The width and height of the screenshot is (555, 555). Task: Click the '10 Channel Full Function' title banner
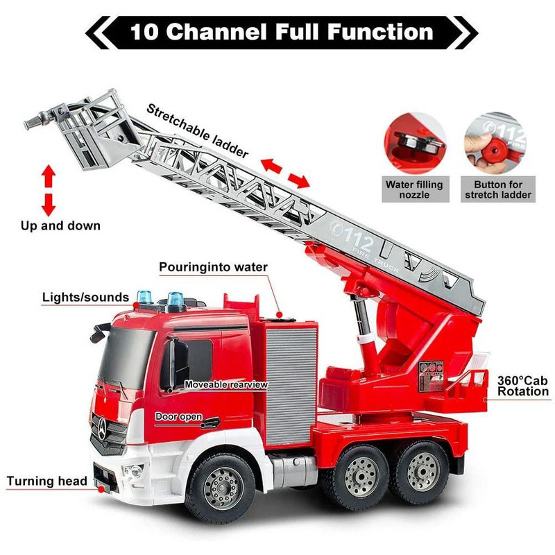point(281,31)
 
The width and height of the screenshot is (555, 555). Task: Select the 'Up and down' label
point(60,225)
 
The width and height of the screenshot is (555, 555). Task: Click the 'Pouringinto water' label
point(213,267)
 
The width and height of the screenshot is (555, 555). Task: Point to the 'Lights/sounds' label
point(85,298)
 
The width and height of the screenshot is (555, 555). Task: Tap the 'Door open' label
point(179,416)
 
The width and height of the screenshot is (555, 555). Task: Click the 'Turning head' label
point(47,481)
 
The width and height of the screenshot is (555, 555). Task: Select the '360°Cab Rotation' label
point(522,386)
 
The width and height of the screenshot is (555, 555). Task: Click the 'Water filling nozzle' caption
point(414,189)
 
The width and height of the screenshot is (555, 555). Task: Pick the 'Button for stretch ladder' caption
point(498,189)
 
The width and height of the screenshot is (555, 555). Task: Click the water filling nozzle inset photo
point(414,143)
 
